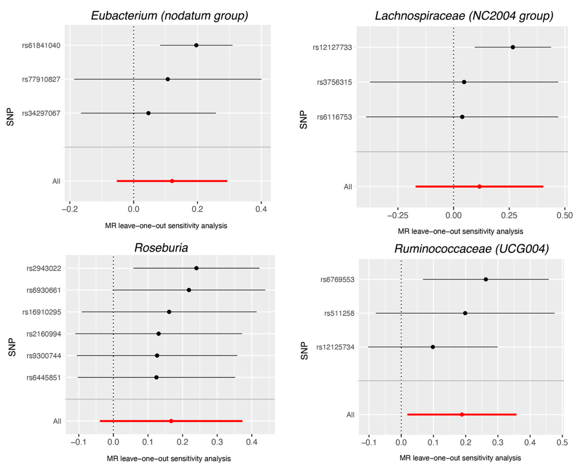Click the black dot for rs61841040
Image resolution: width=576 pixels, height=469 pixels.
pos(196,45)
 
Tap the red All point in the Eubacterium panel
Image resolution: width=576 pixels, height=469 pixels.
pos(172,181)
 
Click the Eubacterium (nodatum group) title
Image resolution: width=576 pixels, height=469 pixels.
pos(169,15)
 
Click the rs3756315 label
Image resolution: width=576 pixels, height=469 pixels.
pos(335,82)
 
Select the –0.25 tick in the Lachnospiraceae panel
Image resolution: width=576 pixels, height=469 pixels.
pos(397,215)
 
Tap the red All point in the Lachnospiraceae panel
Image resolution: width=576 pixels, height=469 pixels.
pos(479,186)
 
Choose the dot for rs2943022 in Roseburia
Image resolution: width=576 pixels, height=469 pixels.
pos(196,268)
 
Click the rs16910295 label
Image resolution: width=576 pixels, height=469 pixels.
pos(42,312)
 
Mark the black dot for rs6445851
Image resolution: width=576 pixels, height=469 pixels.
pos(156,377)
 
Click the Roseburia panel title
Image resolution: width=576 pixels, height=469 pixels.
pos(161,248)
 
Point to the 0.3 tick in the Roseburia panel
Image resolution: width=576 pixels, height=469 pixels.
pos(217,442)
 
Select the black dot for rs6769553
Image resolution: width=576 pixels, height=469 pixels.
pos(486,279)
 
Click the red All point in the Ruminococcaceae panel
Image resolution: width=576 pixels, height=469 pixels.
pos(462,414)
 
